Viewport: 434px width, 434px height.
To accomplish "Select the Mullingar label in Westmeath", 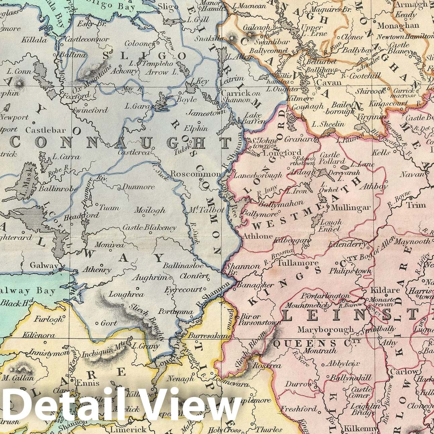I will point(351,208).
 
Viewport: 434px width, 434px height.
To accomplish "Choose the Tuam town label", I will point(110,208).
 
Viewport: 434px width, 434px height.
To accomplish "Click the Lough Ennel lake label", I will point(331,225).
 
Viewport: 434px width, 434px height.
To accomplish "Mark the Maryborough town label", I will point(325,329).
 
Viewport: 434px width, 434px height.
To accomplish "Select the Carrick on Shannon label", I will point(236,97).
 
